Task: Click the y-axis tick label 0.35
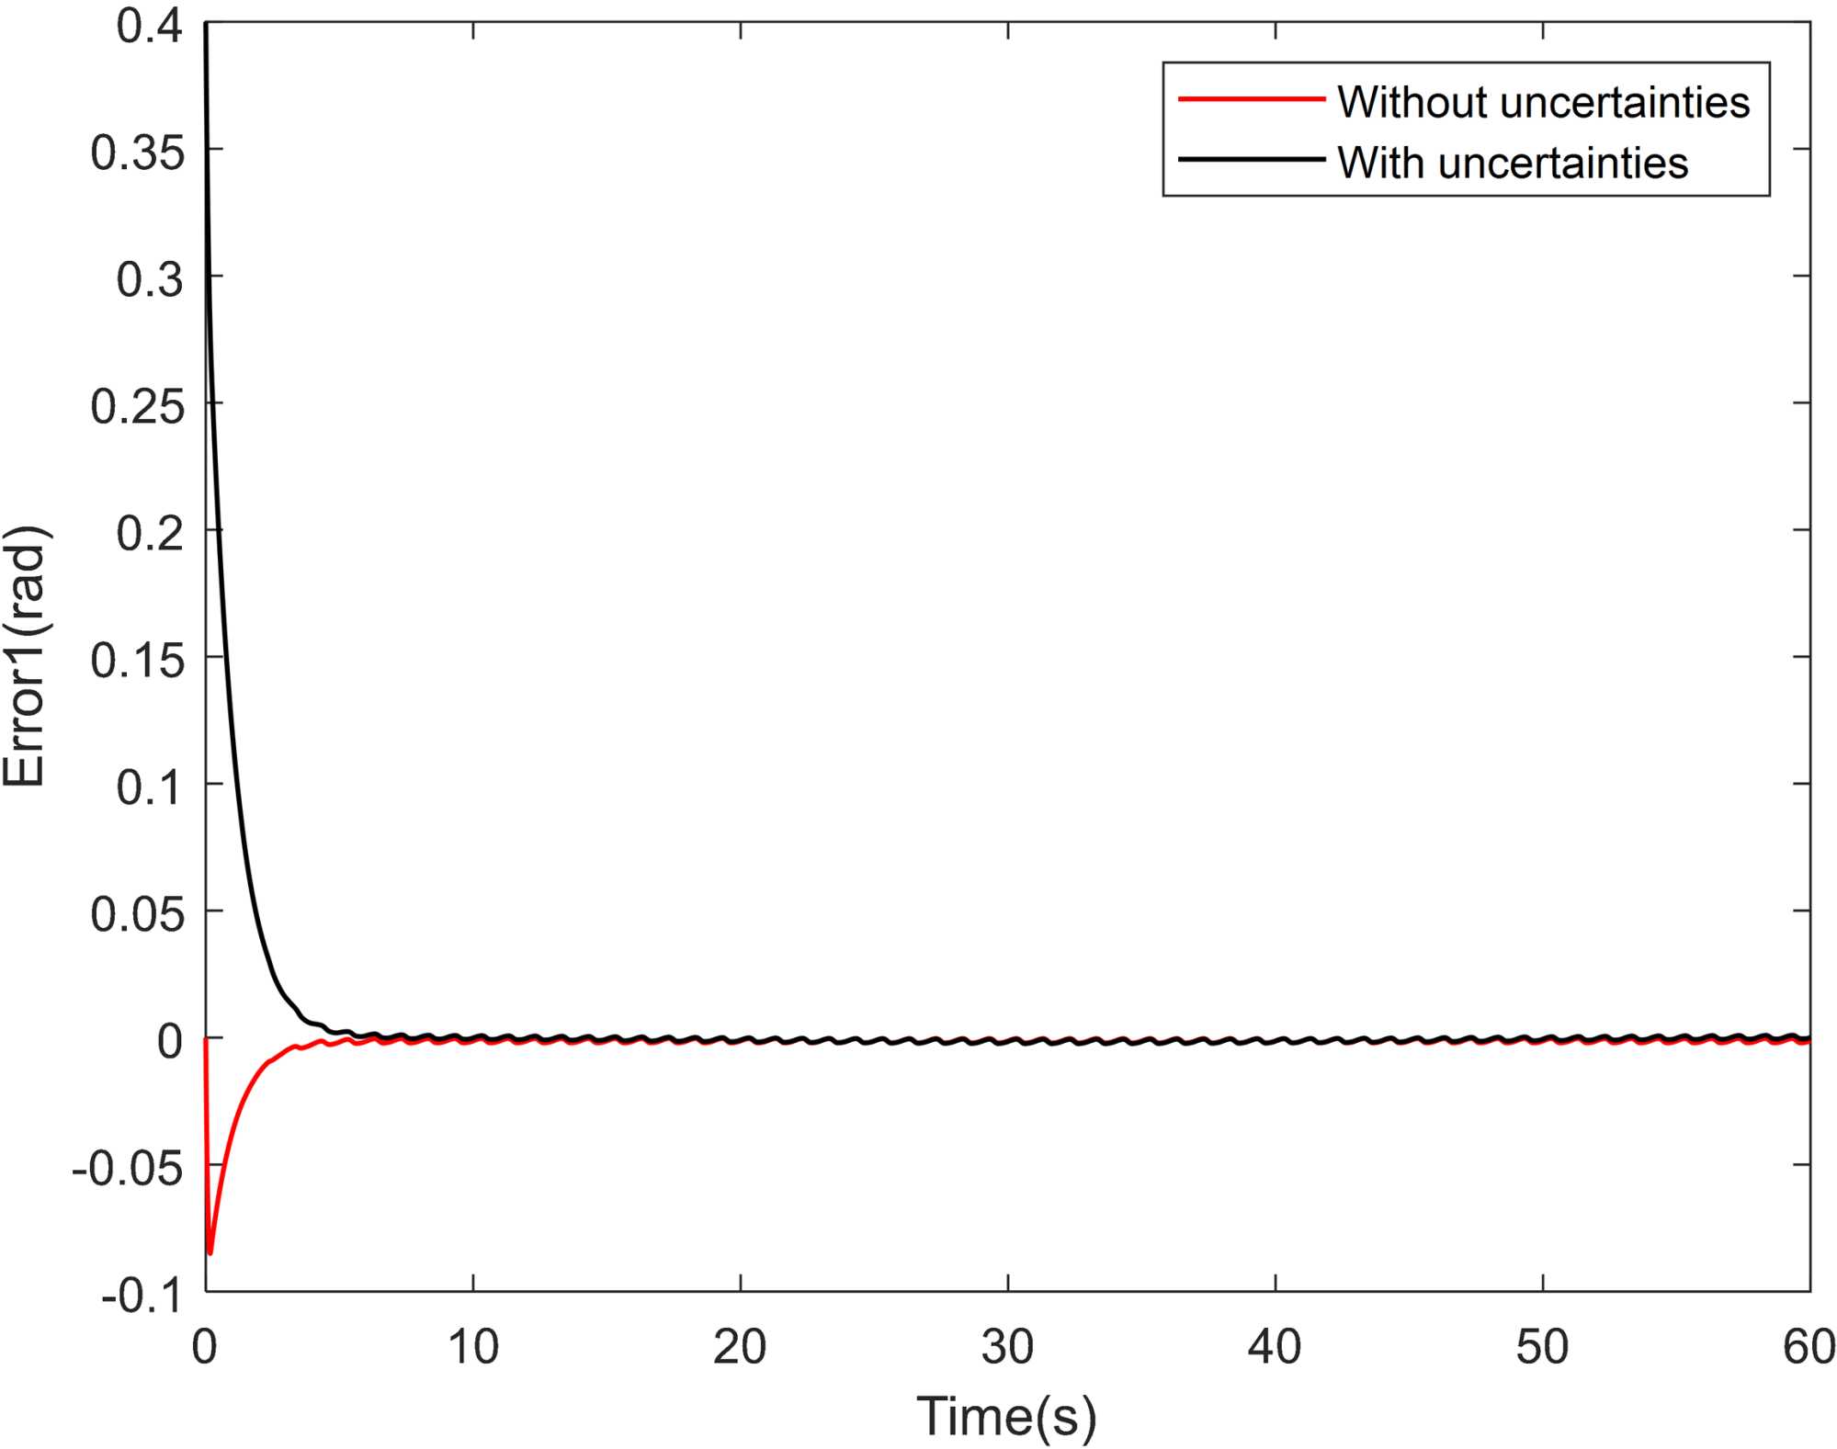pyautogui.click(x=137, y=153)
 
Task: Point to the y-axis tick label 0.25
pyautogui.click(x=137, y=406)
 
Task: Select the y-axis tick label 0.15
pyautogui.click(x=137, y=661)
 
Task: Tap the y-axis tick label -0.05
pyautogui.click(x=128, y=1170)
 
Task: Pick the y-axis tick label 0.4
pyautogui.click(x=150, y=26)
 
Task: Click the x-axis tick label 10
pyautogui.click(x=472, y=1348)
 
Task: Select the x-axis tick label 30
pyautogui.click(x=1007, y=1348)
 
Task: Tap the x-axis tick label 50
pyautogui.click(x=1542, y=1348)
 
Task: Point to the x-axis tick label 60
pyautogui.click(x=1809, y=1348)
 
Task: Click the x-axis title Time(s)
pyautogui.click(x=1006, y=1415)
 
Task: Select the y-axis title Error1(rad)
pyautogui.click(x=25, y=657)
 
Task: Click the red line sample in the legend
pyautogui.click(x=1251, y=98)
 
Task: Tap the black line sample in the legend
pyautogui.click(x=1251, y=159)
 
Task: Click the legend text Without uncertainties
pyautogui.click(x=1543, y=101)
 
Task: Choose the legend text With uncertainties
pyautogui.click(x=1513, y=163)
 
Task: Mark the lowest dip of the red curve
pyautogui.click(x=210, y=1252)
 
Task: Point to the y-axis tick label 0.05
pyautogui.click(x=137, y=915)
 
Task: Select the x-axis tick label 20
pyautogui.click(x=740, y=1348)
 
